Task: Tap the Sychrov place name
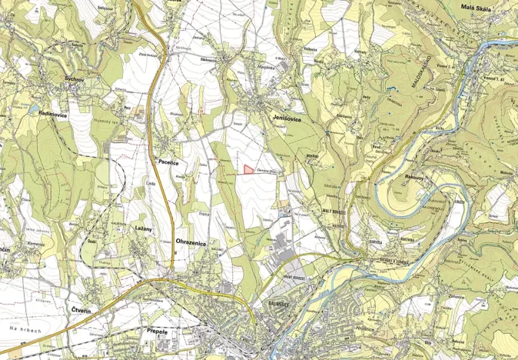pos(75,79)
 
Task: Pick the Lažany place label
pos(142,229)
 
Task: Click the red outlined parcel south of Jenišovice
pos(248,168)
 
